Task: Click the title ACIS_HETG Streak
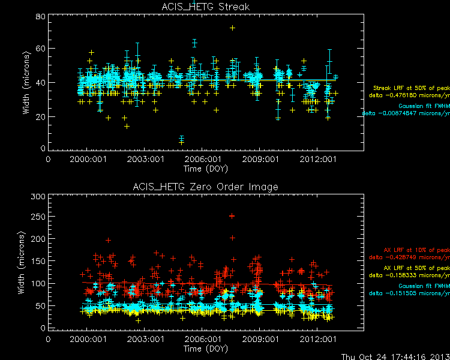[205, 7]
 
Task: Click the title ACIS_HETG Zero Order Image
[205, 187]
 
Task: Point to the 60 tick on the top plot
[41, 49]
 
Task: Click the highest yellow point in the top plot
[232, 28]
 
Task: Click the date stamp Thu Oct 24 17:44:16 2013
[394, 355]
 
